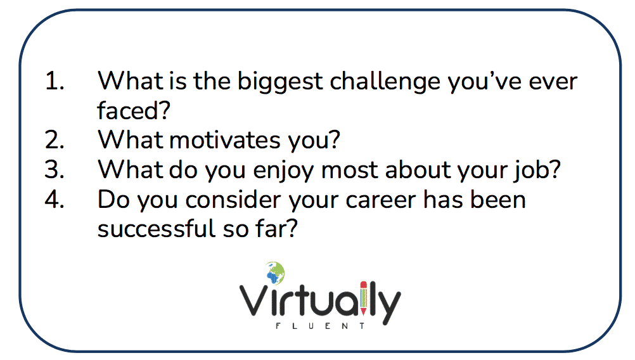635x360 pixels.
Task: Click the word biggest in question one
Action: (x=280, y=82)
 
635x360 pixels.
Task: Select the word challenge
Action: (x=385, y=82)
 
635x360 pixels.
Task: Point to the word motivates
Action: (x=225, y=141)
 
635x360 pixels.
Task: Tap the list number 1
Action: (x=55, y=81)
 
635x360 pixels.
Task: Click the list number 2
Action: (x=55, y=140)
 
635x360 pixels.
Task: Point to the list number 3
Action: (x=55, y=170)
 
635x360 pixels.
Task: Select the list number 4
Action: (x=55, y=199)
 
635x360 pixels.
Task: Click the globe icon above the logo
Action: (x=276, y=273)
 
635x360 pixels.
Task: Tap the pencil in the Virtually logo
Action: (x=363, y=298)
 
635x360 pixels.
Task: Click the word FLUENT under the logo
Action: (x=320, y=326)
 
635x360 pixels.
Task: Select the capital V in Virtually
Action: (x=253, y=300)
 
